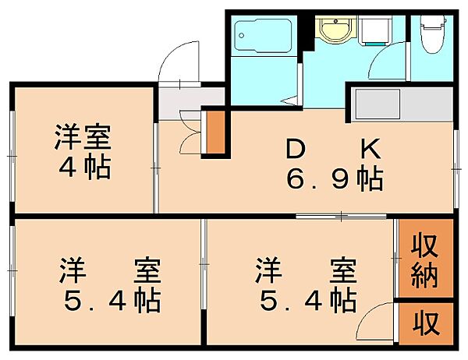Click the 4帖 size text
click(x=82, y=168)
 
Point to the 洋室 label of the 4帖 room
click(x=82, y=138)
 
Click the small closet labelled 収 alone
click(x=424, y=320)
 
